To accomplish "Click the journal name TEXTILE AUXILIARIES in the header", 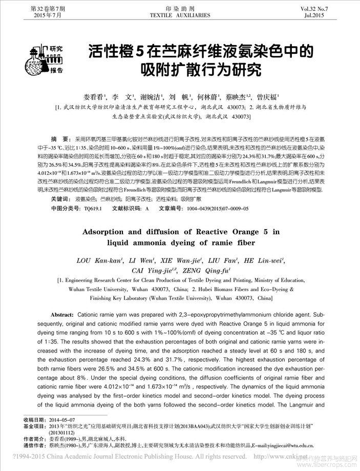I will click(x=179, y=15).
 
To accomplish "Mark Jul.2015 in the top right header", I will click(x=332, y=15).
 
